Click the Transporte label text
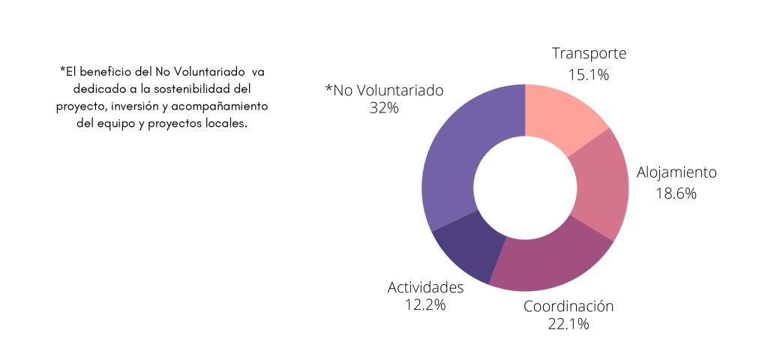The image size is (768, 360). coord(589,53)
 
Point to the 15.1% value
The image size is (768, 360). coord(589,74)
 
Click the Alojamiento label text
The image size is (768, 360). coord(676,172)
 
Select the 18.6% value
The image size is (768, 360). coord(676,193)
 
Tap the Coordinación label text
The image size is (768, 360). coord(568,306)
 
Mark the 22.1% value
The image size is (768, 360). coord(568,325)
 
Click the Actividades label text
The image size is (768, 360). coord(425,287)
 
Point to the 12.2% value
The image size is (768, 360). coord(425,305)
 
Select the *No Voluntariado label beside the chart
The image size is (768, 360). coord(384,90)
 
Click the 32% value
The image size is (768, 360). coord(383,108)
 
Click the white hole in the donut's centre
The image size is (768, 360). coord(525,187)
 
